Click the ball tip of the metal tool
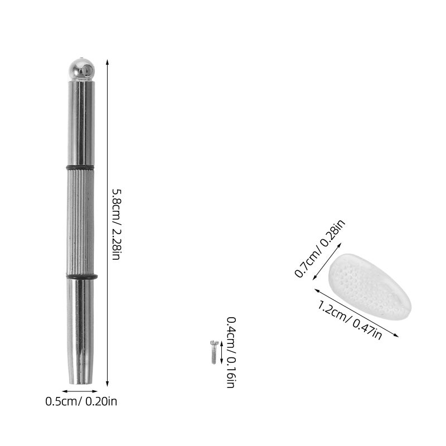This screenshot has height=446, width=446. tap(81, 69)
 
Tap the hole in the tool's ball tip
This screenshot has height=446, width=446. tap(89, 69)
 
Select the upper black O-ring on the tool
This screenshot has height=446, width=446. tap(80, 167)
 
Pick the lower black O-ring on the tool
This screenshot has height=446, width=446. tap(82, 277)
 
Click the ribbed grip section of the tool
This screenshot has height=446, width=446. tap(81, 222)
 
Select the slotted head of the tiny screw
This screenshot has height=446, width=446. tap(214, 343)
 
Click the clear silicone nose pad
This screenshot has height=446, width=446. tap(369, 287)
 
